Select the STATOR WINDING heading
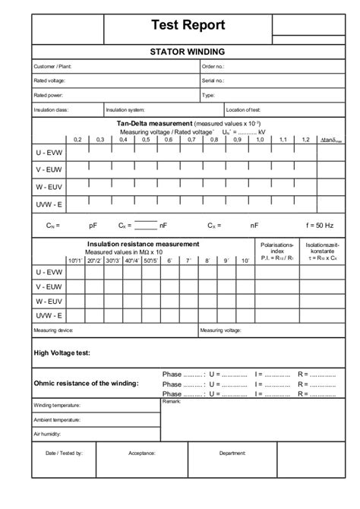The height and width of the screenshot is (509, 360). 188,52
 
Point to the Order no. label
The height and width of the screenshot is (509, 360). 213,67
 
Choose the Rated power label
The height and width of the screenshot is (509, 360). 47,96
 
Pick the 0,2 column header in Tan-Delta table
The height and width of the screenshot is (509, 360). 77,140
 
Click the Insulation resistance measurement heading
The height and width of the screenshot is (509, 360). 144,244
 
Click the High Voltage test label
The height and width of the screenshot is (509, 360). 63,353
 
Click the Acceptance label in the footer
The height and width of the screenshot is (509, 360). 142,452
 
